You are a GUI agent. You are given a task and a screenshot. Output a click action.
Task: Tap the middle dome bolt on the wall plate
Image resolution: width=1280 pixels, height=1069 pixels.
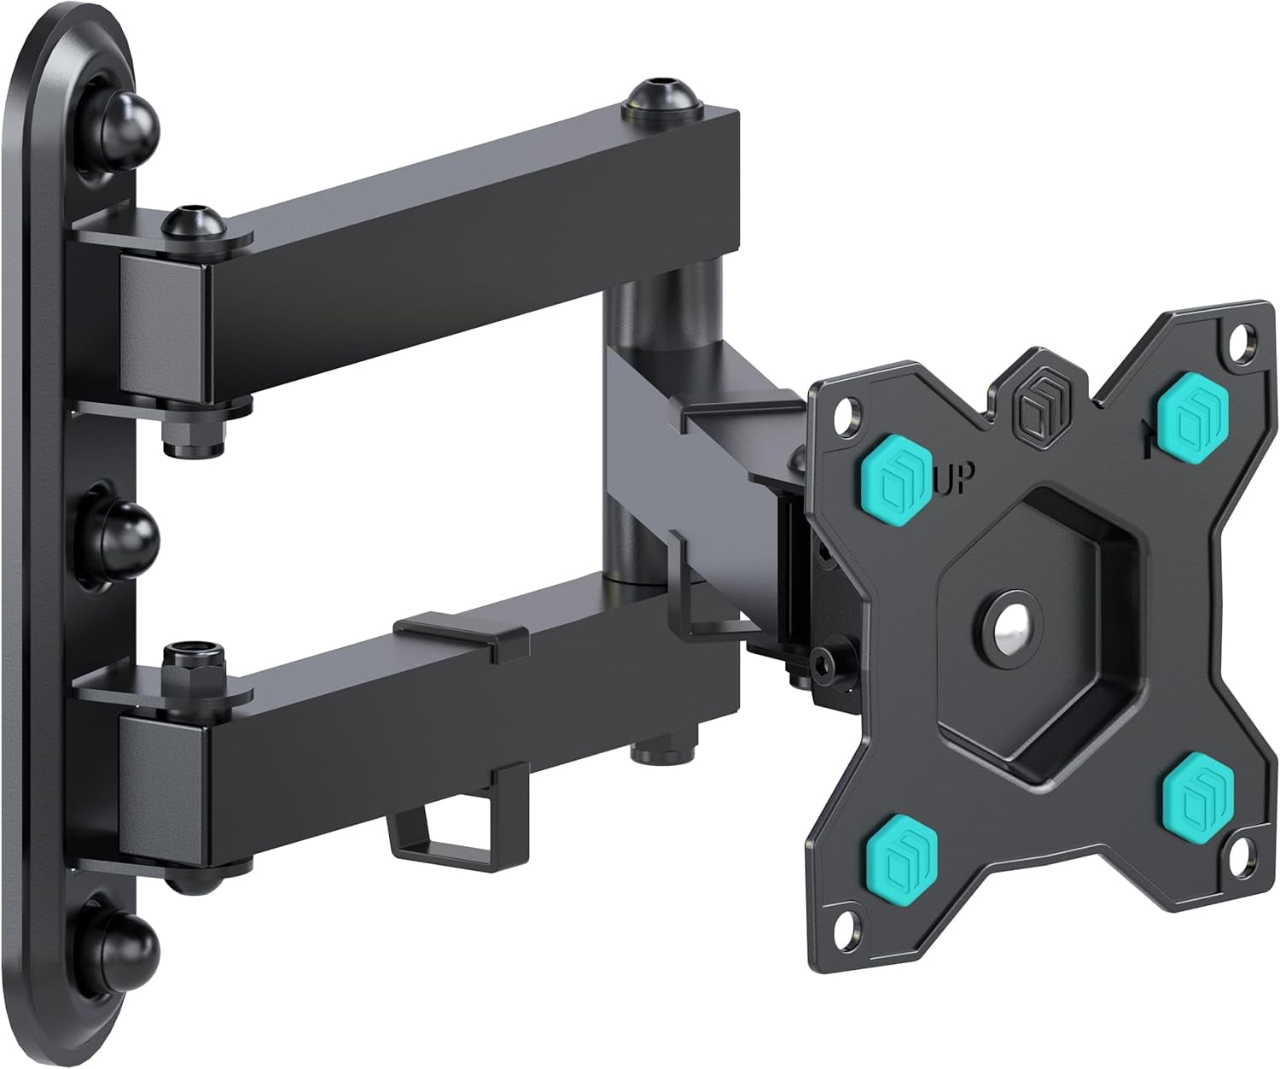pyautogui.click(x=130, y=534)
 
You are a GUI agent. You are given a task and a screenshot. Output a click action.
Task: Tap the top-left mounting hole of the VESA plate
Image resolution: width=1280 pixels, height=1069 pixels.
pyautogui.click(x=845, y=415)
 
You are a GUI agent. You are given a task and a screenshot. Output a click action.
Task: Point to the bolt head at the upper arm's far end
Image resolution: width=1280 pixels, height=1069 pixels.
pyautogui.click(x=661, y=96)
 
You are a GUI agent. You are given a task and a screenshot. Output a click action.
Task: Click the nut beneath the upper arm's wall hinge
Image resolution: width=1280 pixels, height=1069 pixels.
pyautogui.click(x=195, y=437)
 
